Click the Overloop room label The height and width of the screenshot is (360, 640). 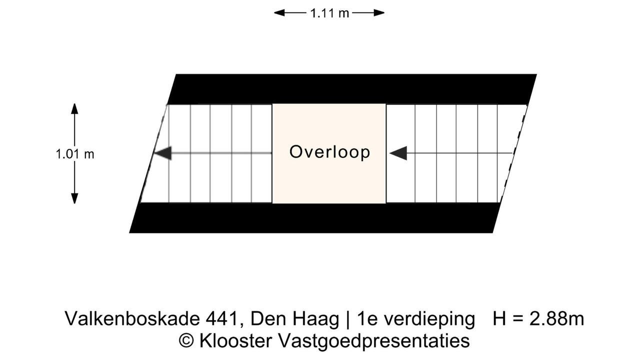[x=329, y=152]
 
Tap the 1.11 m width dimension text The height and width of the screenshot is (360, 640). [x=329, y=13]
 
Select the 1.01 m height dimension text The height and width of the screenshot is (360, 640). [x=75, y=154]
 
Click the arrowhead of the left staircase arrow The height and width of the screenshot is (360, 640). [x=163, y=153]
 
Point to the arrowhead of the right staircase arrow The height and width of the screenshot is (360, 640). [x=398, y=153]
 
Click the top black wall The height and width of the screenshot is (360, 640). [x=351, y=89]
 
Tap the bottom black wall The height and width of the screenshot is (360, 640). [x=315, y=217]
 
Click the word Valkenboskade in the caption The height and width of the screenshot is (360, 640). [x=132, y=318]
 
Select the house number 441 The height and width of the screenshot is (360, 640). [x=222, y=319]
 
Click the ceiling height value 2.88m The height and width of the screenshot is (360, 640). [x=557, y=319]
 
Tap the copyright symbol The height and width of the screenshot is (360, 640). [x=186, y=341]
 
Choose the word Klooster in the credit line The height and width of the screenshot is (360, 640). [x=235, y=340]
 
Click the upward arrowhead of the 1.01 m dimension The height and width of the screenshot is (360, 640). [x=74, y=108]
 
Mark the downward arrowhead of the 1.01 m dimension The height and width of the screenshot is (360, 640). [x=74, y=198]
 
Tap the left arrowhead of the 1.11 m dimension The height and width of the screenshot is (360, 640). [x=279, y=13]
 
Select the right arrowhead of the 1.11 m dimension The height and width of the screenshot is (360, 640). [x=379, y=13]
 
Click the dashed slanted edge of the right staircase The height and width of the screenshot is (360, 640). [x=513, y=153]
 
